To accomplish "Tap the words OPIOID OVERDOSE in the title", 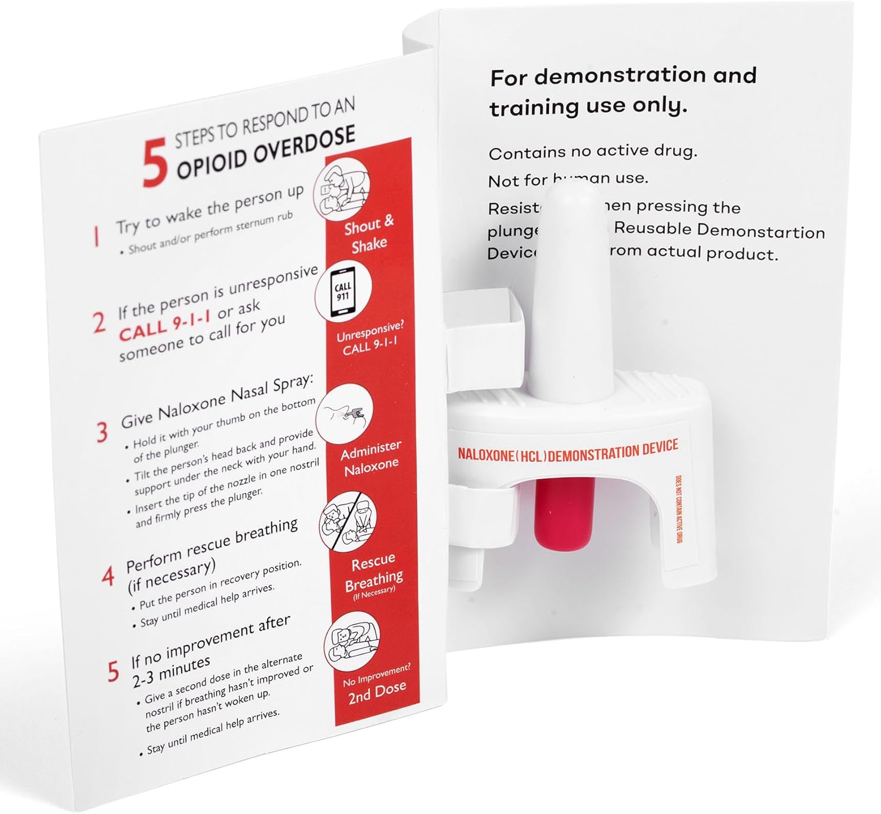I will [x=266, y=152].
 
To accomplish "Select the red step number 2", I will [x=99, y=323].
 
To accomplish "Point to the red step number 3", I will [x=102, y=432].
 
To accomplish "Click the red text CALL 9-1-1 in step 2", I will [x=164, y=326].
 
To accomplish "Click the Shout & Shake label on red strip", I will [x=369, y=234].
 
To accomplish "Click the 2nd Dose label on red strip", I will [x=376, y=693].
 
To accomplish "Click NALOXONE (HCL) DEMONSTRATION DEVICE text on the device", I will [x=567, y=451].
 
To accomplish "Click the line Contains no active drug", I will [x=593, y=152].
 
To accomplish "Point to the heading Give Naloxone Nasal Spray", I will [x=217, y=401].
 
